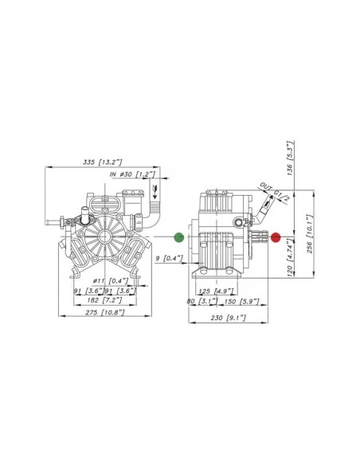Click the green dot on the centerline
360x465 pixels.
(x=179, y=237)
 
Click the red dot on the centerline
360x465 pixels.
(x=276, y=237)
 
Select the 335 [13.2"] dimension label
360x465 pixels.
(x=102, y=162)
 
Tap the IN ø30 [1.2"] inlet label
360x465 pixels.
(x=132, y=174)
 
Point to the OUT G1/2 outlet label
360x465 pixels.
(x=275, y=192)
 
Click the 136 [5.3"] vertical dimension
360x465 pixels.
(x=290, y=158)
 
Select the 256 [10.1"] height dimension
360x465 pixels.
(x=309, y=234)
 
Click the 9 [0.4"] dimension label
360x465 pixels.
(x=170, y=258)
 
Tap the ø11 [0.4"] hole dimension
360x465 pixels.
(x=111, y=280)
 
